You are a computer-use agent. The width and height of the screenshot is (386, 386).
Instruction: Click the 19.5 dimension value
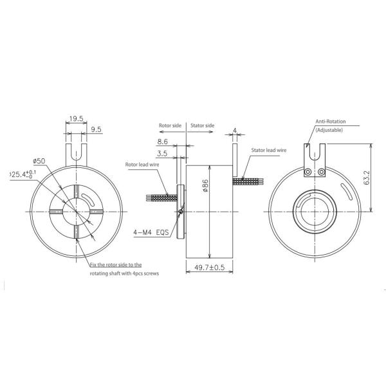76,118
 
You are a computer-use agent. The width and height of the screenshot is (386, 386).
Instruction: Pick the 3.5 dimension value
161,154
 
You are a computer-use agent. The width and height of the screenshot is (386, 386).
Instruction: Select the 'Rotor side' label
171,126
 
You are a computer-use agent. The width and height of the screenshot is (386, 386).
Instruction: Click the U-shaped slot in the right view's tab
314,154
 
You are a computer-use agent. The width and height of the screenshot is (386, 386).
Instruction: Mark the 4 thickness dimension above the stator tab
236,130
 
